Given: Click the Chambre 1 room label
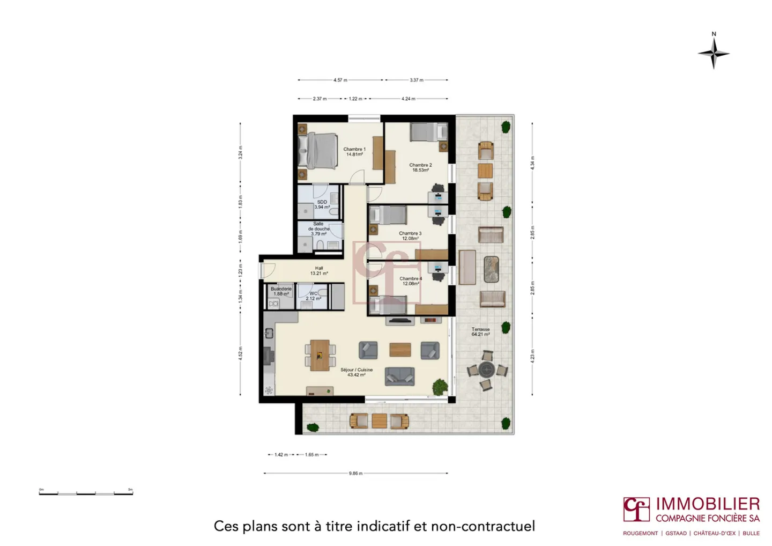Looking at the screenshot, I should [x=354, y=152].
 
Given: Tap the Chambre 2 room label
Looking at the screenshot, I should [x=420, y=167].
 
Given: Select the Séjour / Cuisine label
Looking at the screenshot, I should [x=356, y=372].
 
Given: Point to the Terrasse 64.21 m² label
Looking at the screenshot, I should [x=480, y=331].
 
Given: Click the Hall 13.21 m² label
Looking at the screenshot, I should [x=319, y=271].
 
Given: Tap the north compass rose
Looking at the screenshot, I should [x=714, y=53].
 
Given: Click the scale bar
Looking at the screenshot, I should [x=86, y=492].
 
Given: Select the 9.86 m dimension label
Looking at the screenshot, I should [x=355, y=474].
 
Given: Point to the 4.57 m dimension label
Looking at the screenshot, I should [x=340, y=80].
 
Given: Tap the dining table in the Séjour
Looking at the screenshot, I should [x=320, y=355].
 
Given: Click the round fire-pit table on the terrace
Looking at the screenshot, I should [x=487, y=369].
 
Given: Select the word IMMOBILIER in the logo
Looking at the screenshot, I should [x=708, y=504].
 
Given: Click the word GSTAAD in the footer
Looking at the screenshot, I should [x=676, y=534].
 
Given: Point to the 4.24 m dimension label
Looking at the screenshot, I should [x=408, y=99].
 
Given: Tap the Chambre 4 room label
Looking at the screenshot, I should [x=411, y=281].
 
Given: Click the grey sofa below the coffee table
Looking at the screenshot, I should [x=399, y=377].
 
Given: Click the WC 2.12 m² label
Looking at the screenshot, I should [x=314, y=296].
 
